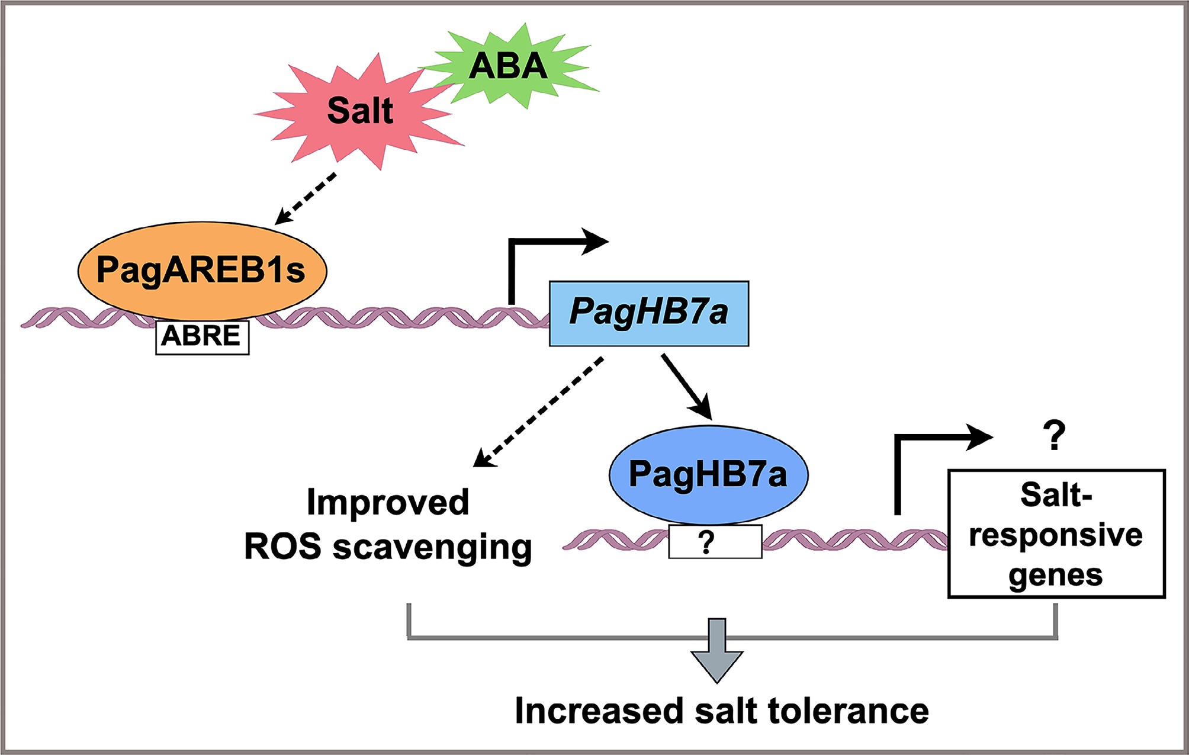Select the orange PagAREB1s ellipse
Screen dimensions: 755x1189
pos(202,270)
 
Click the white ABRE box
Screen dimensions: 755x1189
pos(202,337)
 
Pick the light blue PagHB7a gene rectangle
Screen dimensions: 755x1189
pos(648,313)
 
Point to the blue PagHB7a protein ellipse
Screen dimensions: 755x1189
pos(708,474)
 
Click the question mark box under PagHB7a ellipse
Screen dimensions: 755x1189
pos(715,541)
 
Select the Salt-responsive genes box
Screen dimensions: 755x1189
pos(1056,534)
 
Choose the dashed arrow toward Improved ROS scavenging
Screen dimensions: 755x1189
pos(539,412)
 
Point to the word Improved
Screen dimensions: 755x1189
pos(388,503)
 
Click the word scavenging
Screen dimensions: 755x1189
pos(432,547)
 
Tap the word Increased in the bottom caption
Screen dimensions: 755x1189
pos(599,711)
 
